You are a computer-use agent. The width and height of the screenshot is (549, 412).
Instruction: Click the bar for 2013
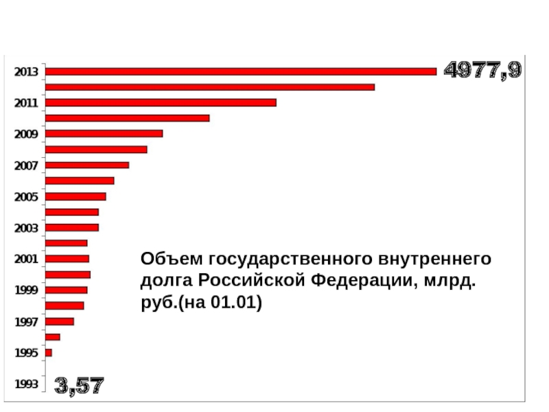(x=240, y=71)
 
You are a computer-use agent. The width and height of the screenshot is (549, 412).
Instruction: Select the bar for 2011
(x=161, y=102)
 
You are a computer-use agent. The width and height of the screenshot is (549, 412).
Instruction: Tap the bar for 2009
(x=104, y=133)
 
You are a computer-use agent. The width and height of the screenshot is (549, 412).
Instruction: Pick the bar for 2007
(x=87, y=165)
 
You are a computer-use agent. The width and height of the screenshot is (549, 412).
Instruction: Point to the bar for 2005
(x=75, y=196)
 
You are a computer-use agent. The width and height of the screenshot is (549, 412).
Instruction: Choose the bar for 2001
(x=67, y=259)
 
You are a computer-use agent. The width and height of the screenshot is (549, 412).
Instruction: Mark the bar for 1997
(x=59, y=321)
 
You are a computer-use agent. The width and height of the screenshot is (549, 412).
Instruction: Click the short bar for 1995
(x=48, y=352)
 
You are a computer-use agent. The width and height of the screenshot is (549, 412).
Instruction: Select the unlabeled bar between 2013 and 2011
(x=209, y=87)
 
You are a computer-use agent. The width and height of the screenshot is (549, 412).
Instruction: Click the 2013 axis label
(x=27, y=71)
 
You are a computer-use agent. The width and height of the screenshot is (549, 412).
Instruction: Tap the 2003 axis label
(x=27, y=228)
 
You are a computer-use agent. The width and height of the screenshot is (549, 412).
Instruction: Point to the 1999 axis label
(x=27, y=290)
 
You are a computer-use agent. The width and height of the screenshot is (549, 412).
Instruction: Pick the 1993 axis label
(x=27, y=384)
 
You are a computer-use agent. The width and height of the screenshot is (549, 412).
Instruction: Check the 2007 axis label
(x=27, y=165)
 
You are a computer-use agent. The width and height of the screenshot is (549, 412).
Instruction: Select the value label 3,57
(x=80, y=385)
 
